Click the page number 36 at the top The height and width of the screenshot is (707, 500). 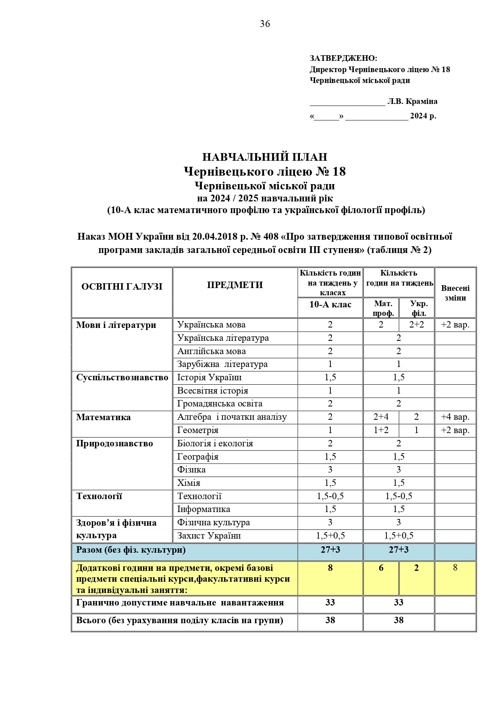click(265, 24)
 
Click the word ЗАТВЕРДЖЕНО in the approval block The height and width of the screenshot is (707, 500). click(343, 58)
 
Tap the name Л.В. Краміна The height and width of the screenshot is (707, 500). click(412, 101)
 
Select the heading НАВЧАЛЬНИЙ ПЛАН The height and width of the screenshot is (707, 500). click(265, 157)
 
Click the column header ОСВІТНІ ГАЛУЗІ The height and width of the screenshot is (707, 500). click(122, 286)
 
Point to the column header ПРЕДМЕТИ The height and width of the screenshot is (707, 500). click(235, 285)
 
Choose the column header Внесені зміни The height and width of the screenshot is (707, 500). click(455, 293)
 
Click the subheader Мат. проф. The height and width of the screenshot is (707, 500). click(383, 308)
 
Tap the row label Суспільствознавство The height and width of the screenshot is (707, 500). click(122, 377)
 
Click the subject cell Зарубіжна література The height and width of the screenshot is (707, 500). click(222, 364)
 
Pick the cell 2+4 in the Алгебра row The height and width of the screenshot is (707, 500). click(381, 417)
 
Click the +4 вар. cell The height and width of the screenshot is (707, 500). click(455, 417)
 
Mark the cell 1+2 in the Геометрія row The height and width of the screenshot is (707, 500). click(381, 430)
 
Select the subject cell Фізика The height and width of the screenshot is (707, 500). click(191, 470)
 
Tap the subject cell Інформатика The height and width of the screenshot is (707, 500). click(203, 509)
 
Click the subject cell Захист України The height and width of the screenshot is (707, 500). click(209, 536)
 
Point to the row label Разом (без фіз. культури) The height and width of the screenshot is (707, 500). click(131, 550)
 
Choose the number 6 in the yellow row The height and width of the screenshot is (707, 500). click(381, 568)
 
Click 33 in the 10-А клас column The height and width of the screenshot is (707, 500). click(330, 603)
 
